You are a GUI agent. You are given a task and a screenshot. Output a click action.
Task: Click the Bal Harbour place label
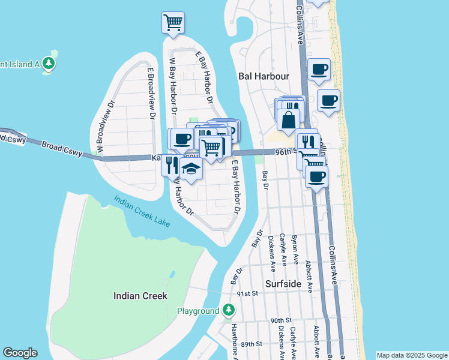click(x=264, y=76)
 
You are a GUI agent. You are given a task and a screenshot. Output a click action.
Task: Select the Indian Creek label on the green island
click(x=140, y=296)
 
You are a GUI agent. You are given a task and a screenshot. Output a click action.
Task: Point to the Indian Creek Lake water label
click(x=142, y=212)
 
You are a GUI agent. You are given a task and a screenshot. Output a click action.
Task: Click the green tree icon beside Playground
click(x=228, y=310)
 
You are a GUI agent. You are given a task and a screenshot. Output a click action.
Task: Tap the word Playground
click(x=197, y=311)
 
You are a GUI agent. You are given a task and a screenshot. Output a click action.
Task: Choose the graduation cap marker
click(x=191, y=170)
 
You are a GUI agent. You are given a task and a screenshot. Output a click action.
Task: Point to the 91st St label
click(x=247, y=293)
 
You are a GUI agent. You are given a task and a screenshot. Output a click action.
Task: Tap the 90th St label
click(x=280, y=321)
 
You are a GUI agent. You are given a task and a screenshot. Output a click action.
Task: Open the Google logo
click(x=20, y=353)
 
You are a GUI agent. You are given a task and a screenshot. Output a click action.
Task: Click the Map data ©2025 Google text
click(x=411, y=355)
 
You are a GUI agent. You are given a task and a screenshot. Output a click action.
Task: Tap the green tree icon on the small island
click(x=48, y=63)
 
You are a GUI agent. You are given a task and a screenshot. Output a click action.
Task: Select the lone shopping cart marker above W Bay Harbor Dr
click(x=173, y=23)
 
